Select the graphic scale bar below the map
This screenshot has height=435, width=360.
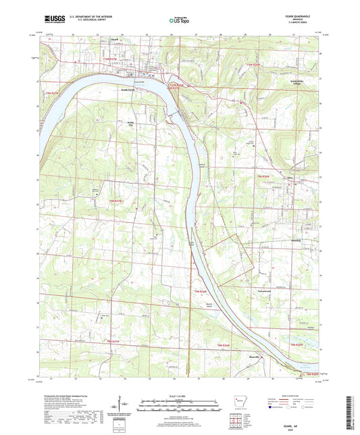coord(180,396)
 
